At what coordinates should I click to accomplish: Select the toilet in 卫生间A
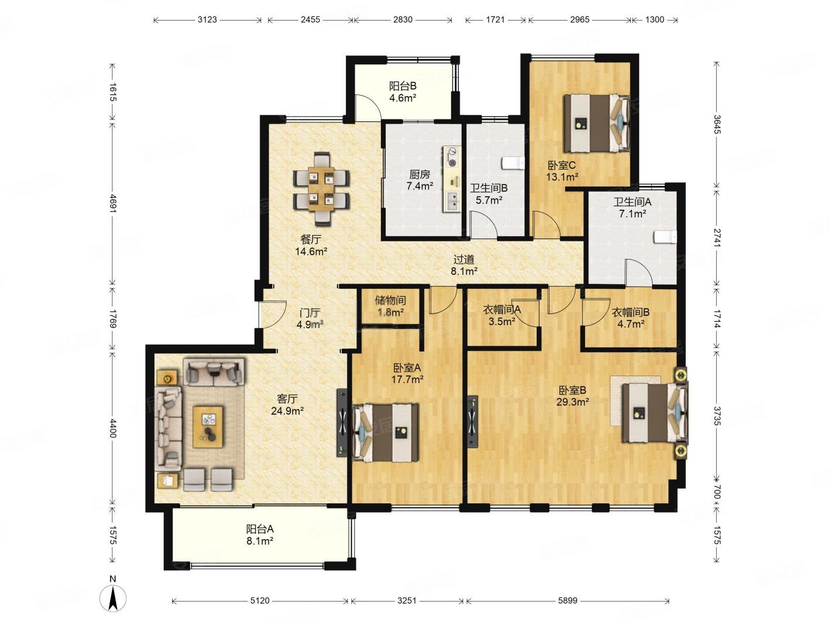tap(664, 236)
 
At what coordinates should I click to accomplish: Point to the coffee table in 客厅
tap(207, 427)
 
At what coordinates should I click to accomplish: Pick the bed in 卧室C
tap(596, 123)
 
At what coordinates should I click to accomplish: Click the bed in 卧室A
tap(385, 432)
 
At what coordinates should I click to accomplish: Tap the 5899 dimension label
tap(567, 601)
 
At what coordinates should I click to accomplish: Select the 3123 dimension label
tap(207, 20)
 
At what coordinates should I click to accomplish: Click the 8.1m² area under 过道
tap(463, 271)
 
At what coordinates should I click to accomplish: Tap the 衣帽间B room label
tap(630, 312)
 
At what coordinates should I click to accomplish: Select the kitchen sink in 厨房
tap(452, 200)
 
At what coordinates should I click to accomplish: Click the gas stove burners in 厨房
tap(451, 157)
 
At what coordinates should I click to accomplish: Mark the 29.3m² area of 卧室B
tap(572, 402)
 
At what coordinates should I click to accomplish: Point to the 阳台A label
tap(260, 528)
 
